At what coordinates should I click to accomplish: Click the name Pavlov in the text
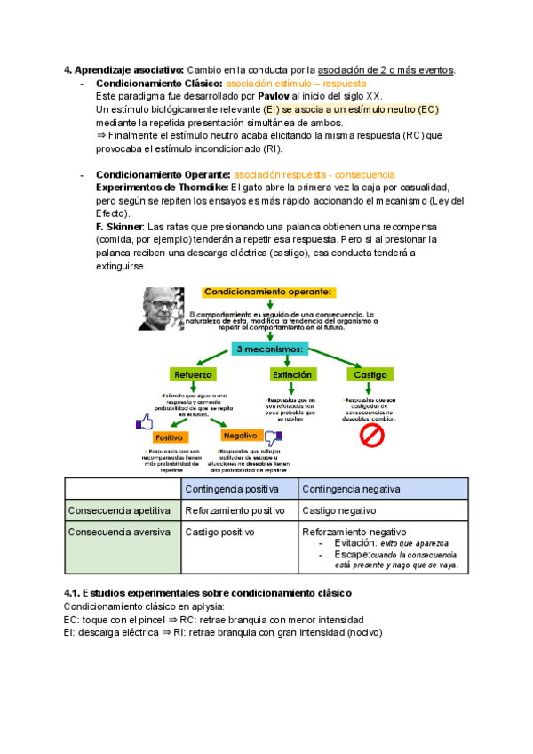273,95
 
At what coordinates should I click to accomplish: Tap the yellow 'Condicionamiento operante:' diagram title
269,292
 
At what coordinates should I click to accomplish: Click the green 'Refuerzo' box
194,375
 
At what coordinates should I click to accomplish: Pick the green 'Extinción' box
292,375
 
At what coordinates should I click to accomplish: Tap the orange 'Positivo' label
169,438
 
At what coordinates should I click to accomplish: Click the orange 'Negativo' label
240,436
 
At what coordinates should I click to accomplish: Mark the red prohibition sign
370,435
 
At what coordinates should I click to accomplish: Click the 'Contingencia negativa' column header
351,489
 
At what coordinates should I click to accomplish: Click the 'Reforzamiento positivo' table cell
235,510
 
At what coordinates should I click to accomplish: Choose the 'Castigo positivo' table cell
219,532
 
